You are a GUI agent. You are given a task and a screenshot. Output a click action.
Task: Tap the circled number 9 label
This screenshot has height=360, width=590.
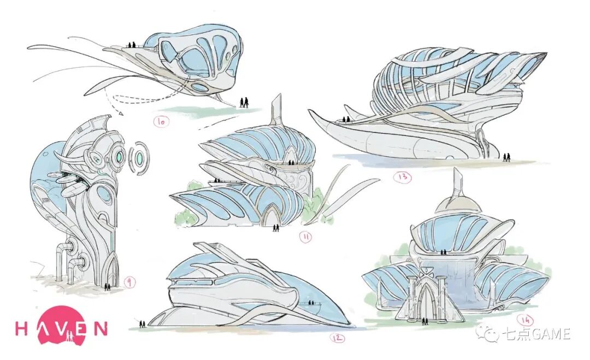(130, 282)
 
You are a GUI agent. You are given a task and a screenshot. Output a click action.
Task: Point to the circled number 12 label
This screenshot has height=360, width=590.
(338, 338)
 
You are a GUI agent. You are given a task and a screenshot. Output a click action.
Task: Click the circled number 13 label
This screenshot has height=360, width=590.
(405, 177)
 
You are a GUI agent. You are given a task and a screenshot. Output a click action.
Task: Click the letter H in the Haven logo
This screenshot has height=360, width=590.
(22, 328)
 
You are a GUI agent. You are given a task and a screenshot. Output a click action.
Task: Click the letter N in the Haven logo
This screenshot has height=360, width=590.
(100, 328)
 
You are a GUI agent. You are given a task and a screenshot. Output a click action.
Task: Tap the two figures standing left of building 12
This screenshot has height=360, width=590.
(143, 324)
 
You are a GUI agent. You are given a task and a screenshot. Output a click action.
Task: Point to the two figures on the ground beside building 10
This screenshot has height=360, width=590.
(244, 102)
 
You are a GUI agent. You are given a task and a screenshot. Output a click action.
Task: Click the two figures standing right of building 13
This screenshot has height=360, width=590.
(507, 157)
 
